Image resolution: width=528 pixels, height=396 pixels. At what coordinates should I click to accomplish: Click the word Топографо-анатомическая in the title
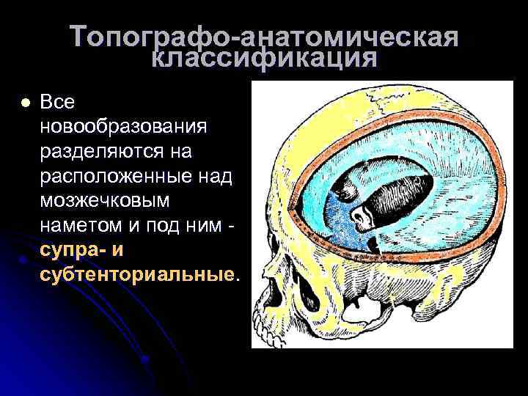coord(265,38)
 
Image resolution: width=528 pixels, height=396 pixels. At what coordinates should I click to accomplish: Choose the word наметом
coord(78,226)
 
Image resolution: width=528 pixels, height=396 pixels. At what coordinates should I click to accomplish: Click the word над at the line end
coord(216,177)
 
